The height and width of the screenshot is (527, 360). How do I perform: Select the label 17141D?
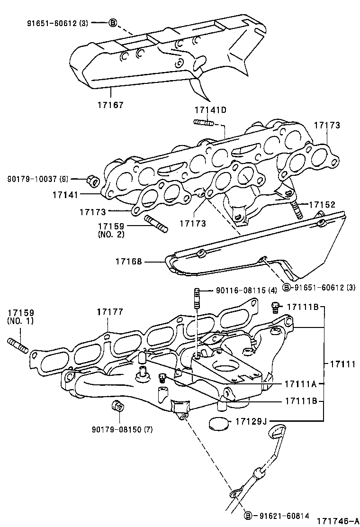point(210,110)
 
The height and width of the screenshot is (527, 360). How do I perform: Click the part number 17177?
point(110,312)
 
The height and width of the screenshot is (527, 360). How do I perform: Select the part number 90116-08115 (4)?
point(246,290)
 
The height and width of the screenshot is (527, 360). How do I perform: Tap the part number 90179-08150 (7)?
point(122,429)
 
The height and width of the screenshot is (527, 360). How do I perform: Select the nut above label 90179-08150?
point(117,406)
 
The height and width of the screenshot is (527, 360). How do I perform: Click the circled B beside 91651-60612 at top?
point(113,22)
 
